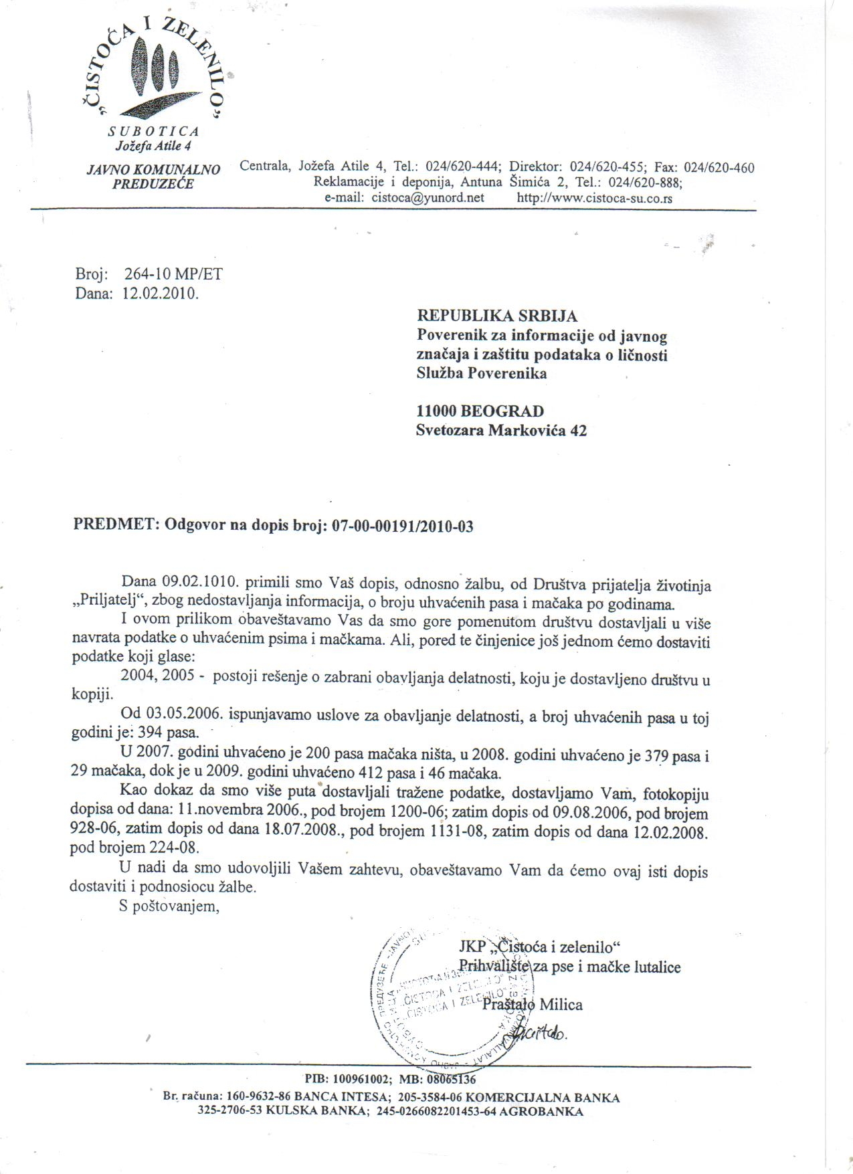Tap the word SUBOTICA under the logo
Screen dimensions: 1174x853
[x=155, y=132]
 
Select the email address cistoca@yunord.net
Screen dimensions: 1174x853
[x=428, y=198]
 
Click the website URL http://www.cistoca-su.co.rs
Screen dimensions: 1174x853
[x=595, y=198]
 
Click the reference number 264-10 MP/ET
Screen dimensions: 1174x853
[x=173, y=274]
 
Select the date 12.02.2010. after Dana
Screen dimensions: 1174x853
[x=161, y=293]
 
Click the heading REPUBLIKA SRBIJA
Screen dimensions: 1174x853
[x=497, y=315]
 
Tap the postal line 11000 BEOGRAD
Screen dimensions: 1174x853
[x=480, y=411]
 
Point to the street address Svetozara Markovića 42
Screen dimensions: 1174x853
[x=501, y=431]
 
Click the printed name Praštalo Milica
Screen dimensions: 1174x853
[x=533, y=1004]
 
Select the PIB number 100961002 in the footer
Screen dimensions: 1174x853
[x=363, y=1079]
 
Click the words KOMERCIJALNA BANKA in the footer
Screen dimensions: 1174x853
[x=542, y=1098]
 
